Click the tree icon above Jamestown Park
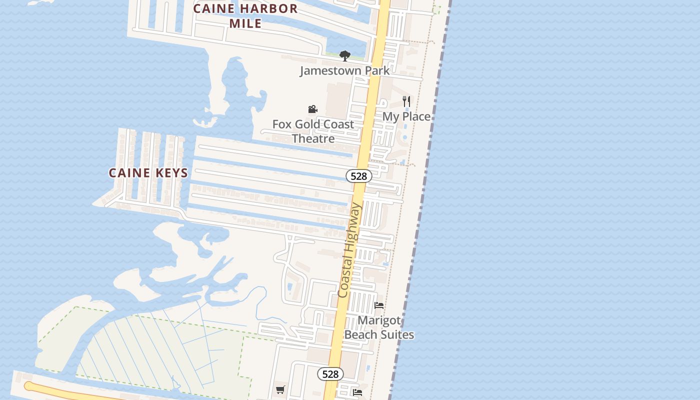[x=344, y=55]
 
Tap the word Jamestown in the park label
[x=330, y=70]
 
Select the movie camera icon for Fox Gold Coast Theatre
[x=313, y=109]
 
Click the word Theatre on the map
[x=313, y=138]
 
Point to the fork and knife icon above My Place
[x=406, y=101]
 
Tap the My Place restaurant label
[x=406, y=116]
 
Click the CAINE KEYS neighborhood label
[x=148, y=173]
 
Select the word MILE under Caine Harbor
[x=245, y=23]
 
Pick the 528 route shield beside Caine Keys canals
[x=358, y=176]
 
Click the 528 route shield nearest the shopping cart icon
[x=330, y=374]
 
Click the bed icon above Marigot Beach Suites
[x=379, y=305]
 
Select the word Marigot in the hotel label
[x=379, y=320]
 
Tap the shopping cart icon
[x=280, y=389]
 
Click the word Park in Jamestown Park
[x=377, y=70]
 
